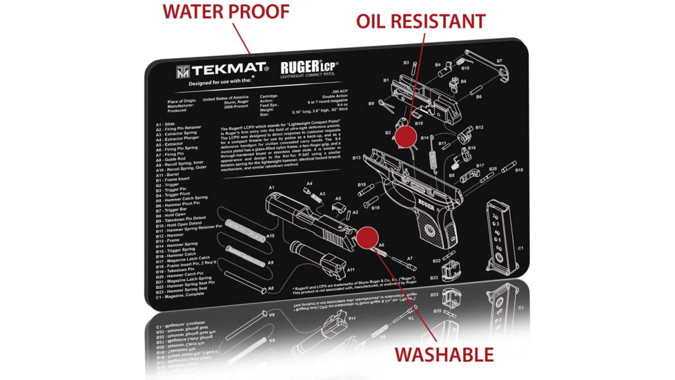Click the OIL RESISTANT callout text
pyautogui.click(x=420, y=21)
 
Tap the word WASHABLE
pyautogui.click(x=444, y=354)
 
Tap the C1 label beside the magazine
pyautogui.click(x=521, y=248)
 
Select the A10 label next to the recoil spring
pyautogui.click(x=271, y=236)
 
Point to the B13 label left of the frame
pyautogui.click(x=357, y=158)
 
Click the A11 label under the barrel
pyautogui.click(x=351, y=269)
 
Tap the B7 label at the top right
pyautogui.click(x=499, y=61)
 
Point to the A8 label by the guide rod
pyautogui.click(x=271, y=288)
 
